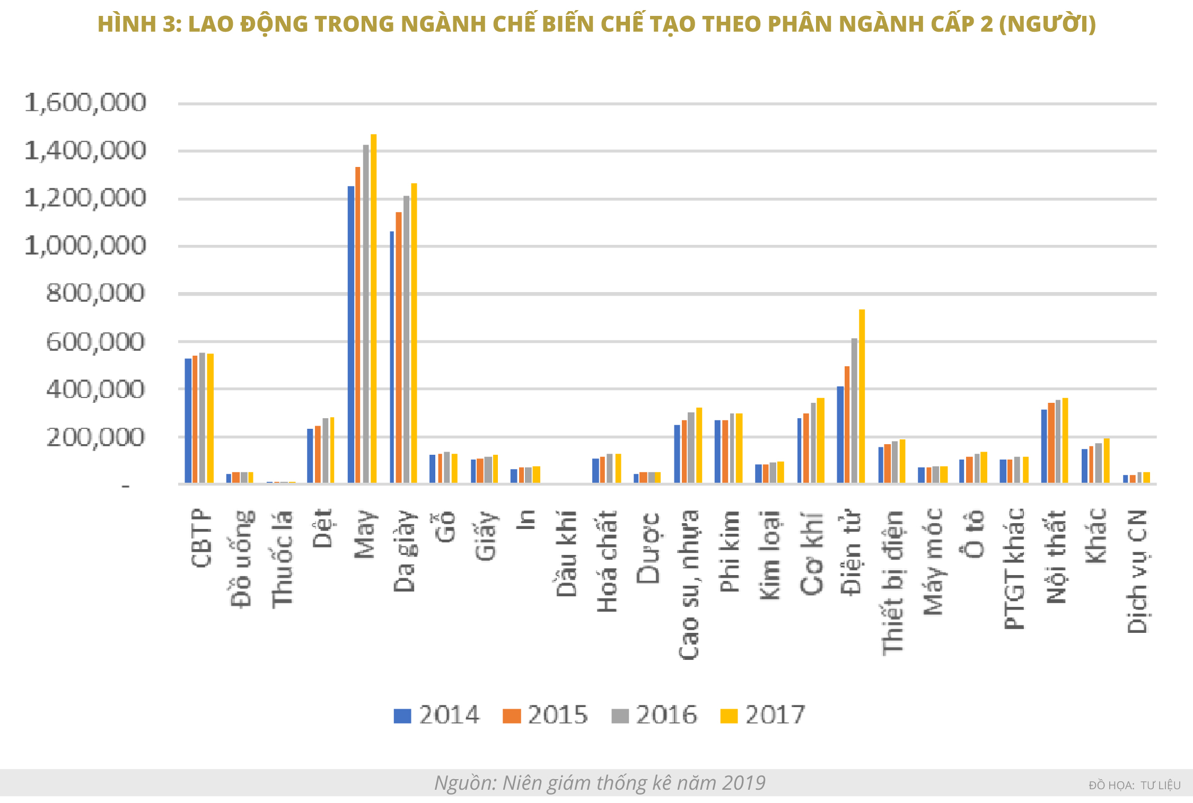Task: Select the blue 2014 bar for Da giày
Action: pos(392,357)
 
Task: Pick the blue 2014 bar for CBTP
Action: pos(188,421)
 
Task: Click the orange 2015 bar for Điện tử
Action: pos(847,425)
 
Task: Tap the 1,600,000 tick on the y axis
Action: pos(85,103)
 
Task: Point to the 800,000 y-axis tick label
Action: pos(95,293)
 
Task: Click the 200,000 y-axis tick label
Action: pos(95,438)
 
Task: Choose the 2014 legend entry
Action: pos(436,715)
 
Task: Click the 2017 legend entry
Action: pos(763,715)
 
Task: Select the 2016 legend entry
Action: pos(654,715)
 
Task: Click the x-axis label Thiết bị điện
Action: pos(892,583)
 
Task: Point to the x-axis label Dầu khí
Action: pos(566,553)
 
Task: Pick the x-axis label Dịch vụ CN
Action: pos(1137,571)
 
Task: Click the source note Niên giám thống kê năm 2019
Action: pos(600,783)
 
